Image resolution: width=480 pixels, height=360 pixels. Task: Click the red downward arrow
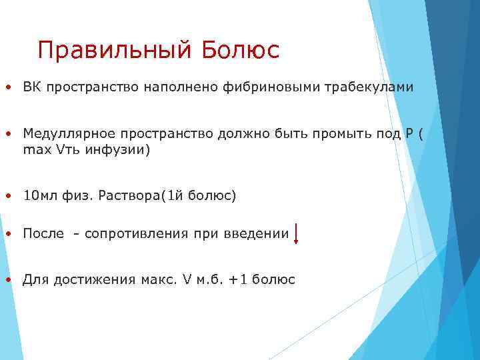point(296,234)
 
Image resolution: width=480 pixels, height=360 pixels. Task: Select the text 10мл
point(37,196)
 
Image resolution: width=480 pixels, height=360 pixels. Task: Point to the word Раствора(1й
point(139,196)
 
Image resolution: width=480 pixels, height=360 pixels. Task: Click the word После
point(43,234)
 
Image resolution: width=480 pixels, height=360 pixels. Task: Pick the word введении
point(259,234)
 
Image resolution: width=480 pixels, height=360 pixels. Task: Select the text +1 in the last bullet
point(237,280)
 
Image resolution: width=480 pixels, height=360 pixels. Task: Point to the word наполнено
point(169,87)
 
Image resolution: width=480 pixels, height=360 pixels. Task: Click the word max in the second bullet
point(32,150)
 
